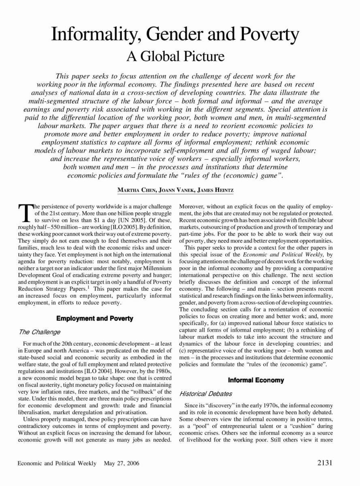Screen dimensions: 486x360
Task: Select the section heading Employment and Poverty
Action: click(x=95, y=319)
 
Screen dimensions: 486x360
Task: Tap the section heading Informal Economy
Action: click(x=256, y=380)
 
